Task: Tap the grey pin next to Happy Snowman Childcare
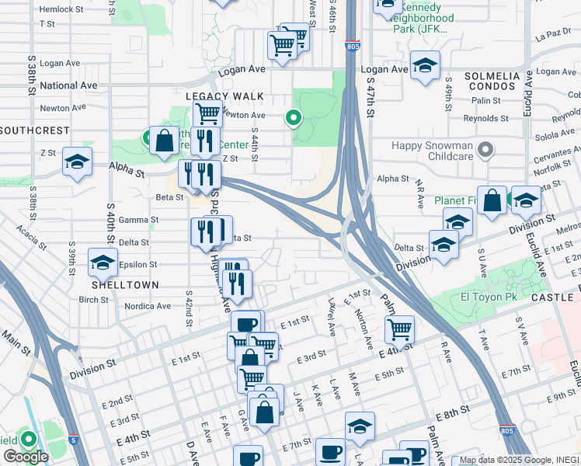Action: (x=486, y=148)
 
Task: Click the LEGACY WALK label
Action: (x=224, y=96)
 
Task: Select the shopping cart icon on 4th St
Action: (x=399, y=329)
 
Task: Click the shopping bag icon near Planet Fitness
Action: (x=492, y=201)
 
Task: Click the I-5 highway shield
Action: (x=72, y=439)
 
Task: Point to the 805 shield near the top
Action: (x=352, y=46)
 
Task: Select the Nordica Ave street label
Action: (x=148, y=306)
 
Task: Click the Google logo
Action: (x=25, y=457)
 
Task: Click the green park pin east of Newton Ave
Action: (x=294, y=118)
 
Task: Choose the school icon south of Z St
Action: (x=77, y=162)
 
